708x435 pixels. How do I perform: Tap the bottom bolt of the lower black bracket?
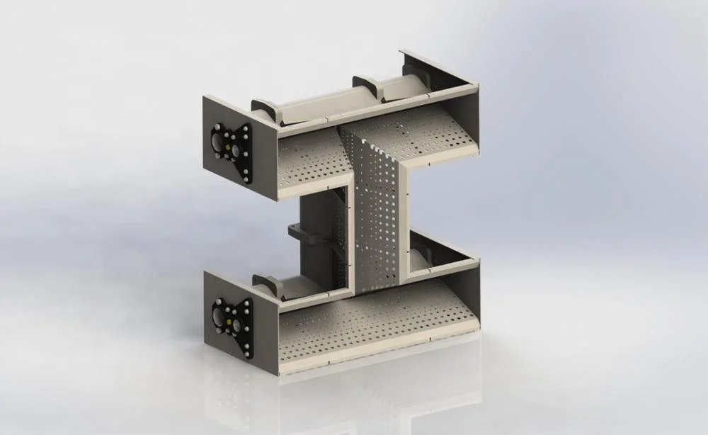click(x=246, y=352)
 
